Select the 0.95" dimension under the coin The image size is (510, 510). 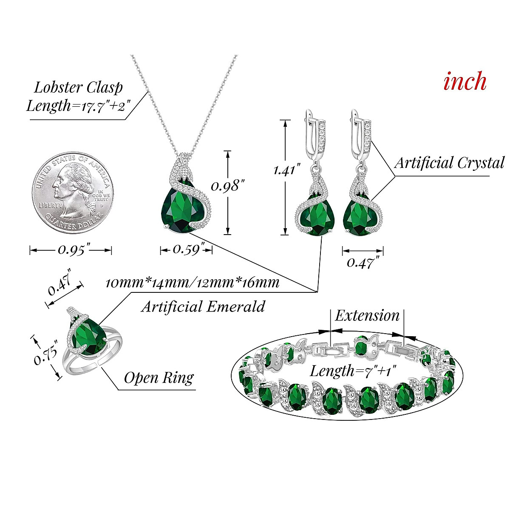74,250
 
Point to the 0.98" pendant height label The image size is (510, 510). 229,186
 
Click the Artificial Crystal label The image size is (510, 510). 449,162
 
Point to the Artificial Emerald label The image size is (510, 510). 203,306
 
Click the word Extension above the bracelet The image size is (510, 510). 367,316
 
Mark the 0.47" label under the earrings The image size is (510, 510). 363,263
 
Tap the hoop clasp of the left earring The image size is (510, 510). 314,132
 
